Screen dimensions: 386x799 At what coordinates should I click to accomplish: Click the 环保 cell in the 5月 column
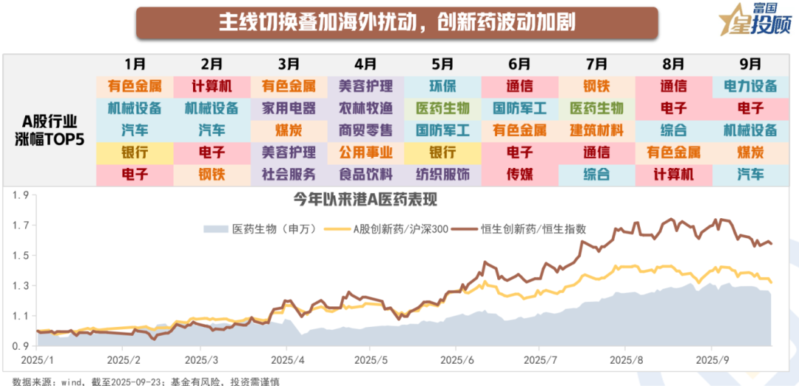point(442,86)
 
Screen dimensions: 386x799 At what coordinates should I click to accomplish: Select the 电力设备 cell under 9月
point(750,86)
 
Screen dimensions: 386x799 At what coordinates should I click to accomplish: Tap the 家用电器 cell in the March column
point(289,108)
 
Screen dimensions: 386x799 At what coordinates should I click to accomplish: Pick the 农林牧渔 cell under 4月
point(365,108)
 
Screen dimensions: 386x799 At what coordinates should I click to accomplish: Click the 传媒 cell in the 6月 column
point(519,175)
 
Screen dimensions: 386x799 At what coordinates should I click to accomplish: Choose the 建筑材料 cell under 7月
point(596,130)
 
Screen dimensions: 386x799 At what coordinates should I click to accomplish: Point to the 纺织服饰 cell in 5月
point(442,175)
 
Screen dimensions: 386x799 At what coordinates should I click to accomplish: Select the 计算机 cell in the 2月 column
point(212,86)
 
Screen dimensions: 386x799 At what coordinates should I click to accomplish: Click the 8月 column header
point(673,64)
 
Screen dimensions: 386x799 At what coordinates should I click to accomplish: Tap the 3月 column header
point(289,64)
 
